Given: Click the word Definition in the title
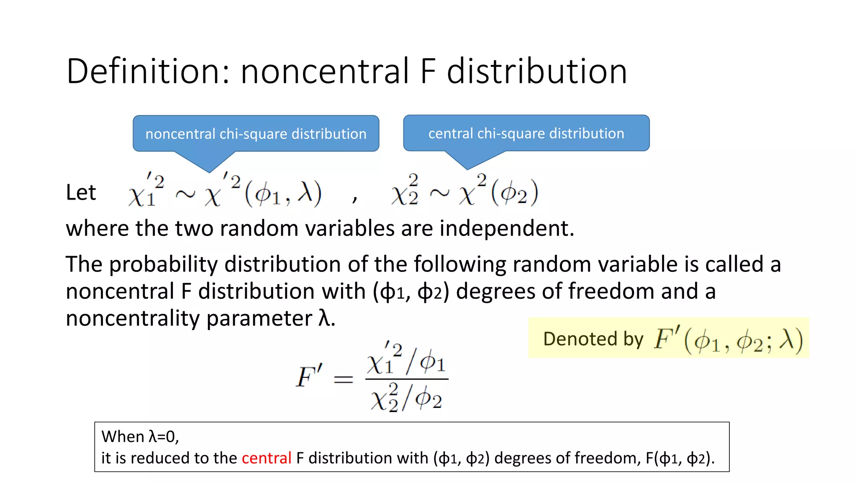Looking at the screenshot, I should coord(142,71).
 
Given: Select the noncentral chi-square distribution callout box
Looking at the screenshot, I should coord(256,134).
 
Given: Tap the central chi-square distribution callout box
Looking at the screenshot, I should coord(526,133).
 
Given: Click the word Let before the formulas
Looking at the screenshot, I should coord(81,192).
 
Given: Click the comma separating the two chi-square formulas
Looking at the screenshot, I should coord(355,198).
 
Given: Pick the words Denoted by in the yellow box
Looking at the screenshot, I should coord(593,339).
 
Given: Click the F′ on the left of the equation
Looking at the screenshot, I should coord(309,376).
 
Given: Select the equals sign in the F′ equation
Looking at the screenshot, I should coord(343,379).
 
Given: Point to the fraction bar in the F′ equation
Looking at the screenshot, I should coord(407,379).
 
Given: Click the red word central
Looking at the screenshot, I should coord(267,458).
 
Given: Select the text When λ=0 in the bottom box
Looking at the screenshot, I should coord(140,437).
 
